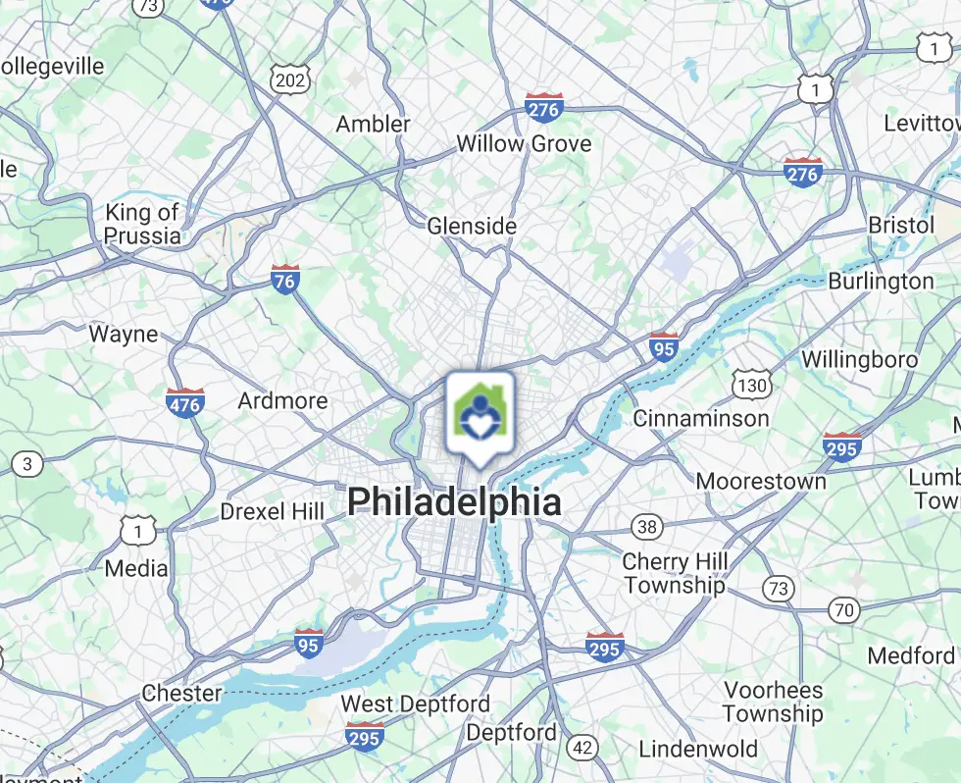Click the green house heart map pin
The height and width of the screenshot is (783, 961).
pos(479,415)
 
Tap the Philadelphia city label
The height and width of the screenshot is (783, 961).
pos(454,502)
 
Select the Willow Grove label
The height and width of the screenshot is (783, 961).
pos(524,144)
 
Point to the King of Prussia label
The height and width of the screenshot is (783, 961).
pos(143,224)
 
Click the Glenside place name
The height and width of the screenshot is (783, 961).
pos(472,226)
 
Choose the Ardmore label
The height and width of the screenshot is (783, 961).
pos(282,400)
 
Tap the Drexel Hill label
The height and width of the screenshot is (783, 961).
pos(272,511)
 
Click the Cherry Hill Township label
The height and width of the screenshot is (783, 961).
pos(676,574)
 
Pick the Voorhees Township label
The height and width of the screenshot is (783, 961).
pos(773,701)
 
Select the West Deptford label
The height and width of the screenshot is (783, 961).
pos(415,704)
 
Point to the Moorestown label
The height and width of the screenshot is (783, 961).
pos(761,481)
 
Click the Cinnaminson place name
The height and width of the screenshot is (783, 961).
pos(701,418)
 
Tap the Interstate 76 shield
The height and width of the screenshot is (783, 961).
pos(284,280)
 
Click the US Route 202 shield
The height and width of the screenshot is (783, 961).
pos(291,80)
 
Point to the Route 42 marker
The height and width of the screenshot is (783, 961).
pos(582,748)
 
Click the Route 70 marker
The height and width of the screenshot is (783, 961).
pos(843,610)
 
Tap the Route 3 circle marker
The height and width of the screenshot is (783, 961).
pos(27,464)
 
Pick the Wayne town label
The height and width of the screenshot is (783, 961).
pos(124,334)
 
